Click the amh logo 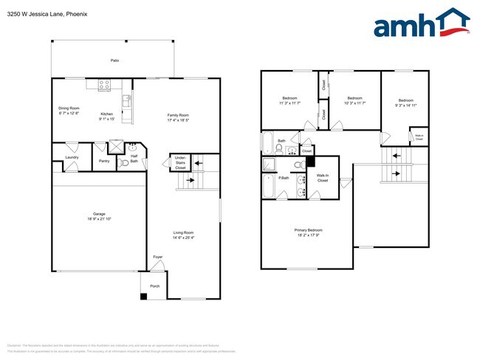(x=421, y=24)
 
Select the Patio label (x=114, y=60)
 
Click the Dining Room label (x=69, y=108)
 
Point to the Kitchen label (x=107, y=114)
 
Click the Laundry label (x=72, y=156)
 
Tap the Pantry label (x=104, y=160)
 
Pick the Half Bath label (x=134, y=158)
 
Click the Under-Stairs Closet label (x=180, y=162)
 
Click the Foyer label (x=158, y=257)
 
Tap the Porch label (x=154, y=285)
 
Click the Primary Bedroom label (x=309, y=229)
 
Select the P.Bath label (x=284, y=179)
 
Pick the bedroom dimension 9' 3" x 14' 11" (x=406, y=105)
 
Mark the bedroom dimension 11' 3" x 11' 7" (x=289, y=103)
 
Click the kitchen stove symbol (x=103, y=86)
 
